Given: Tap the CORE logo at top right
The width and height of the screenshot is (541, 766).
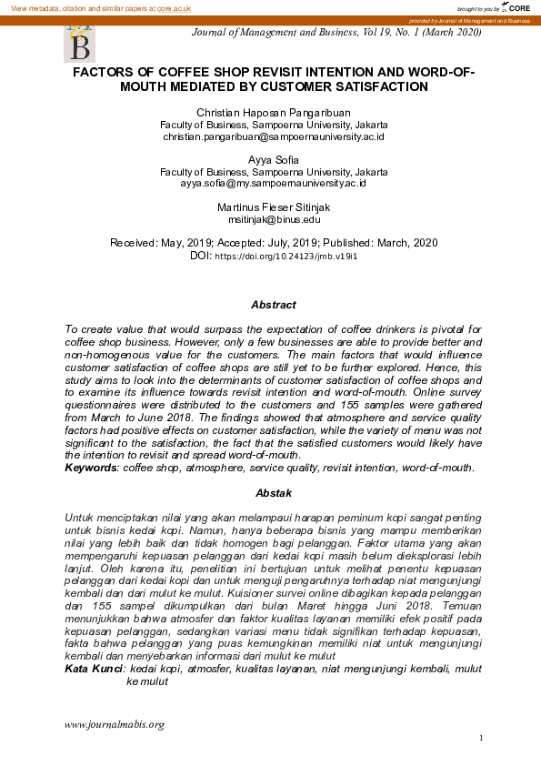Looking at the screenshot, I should click(x=516, y=7).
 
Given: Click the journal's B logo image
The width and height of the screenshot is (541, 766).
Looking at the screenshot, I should click(x=79, y=42).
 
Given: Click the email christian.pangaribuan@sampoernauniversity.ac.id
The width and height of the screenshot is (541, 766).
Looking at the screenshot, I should click(x=274, y=136).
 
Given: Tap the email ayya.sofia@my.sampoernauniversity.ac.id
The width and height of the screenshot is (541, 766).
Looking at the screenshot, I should click(x=274, y=184).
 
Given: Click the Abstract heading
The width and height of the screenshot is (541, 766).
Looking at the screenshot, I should click(x=274, y=305).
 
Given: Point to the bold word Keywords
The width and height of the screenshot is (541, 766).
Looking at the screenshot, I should click(x=91, y=468).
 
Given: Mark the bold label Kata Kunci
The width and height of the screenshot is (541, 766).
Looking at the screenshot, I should click(x=94, y=670).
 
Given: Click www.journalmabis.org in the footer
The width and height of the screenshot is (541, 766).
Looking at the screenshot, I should click(x=114, y=724).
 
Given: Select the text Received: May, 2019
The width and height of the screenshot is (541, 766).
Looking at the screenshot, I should click(x=158, y=243).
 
